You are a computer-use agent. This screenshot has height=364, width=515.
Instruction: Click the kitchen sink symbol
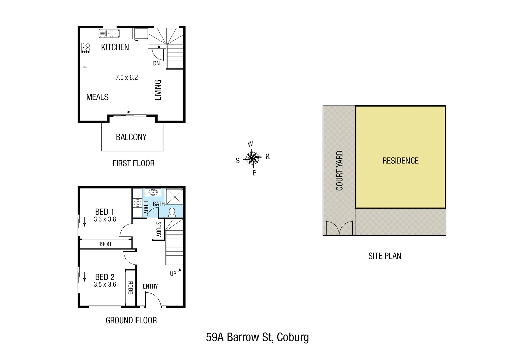point(109,33)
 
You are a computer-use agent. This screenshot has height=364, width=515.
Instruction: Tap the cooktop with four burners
point(86,48)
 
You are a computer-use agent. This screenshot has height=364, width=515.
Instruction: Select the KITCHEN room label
point(115,47)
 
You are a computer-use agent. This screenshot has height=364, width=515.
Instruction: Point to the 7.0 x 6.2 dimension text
point(126,78)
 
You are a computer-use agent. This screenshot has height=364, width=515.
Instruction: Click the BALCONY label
point(131,137)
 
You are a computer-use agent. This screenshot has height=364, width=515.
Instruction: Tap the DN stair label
point(156,63)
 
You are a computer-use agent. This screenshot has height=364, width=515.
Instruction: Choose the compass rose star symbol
point(252,158)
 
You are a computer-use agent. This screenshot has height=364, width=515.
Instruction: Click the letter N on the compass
point(268,157)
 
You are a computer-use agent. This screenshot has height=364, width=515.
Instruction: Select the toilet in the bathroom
point(172,212)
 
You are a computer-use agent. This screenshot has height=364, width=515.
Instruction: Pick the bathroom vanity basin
point(153,192)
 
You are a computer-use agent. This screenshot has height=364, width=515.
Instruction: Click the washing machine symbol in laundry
point(138,203)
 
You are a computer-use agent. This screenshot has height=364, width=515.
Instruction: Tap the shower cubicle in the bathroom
point(175,196)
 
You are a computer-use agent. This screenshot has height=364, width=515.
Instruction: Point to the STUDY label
point(158,229)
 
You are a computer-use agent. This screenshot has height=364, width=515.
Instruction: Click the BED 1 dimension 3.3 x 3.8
point(105,219)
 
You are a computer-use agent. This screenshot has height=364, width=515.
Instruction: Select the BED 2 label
point(105,277)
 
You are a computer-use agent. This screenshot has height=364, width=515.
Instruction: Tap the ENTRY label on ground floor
point(150,286)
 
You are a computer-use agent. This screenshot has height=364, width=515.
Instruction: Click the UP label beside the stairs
point(173,274)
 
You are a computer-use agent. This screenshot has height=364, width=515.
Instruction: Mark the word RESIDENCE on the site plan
point(400,161)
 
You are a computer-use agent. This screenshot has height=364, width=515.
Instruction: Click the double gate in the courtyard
point(339,228)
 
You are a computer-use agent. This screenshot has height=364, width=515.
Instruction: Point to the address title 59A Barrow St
point(257,337)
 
